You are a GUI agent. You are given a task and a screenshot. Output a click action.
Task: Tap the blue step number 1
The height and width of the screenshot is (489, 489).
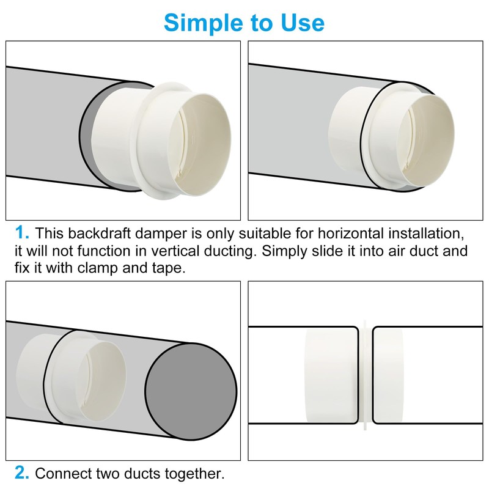pos(22,233)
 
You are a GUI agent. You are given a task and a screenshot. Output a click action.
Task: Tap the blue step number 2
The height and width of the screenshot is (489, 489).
pos(22,472)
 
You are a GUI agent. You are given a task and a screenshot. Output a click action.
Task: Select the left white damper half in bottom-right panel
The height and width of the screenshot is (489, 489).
pos(330,374)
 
